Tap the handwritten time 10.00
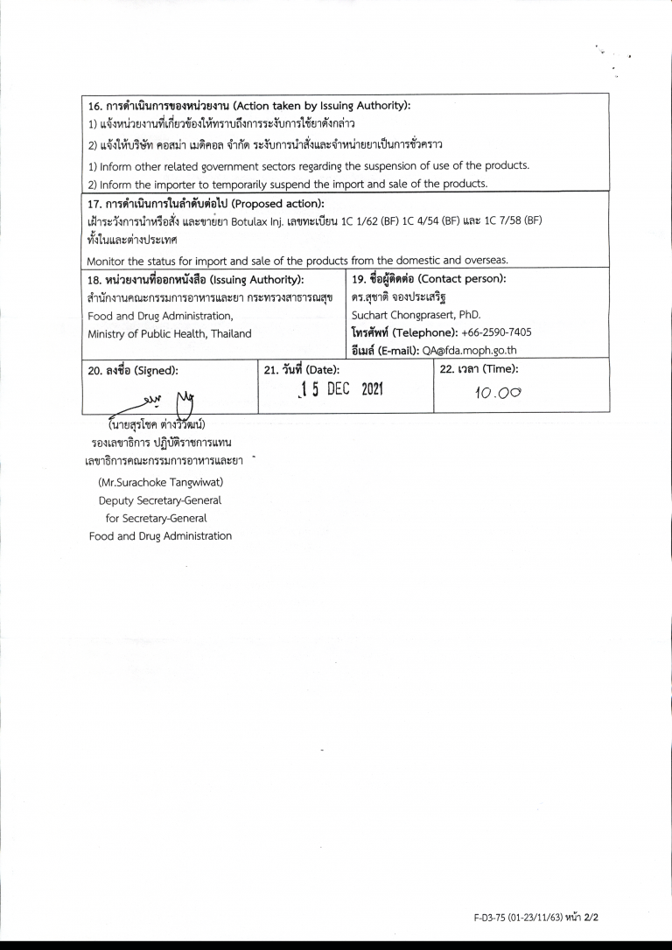click(497, 394)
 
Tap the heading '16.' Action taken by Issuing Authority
click(248, 106)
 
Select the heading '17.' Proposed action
click(205, 204)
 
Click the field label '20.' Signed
click(133, 370)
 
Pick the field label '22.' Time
click(479, 368)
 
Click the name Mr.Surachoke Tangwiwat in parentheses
click(160, 483)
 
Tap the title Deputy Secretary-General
click(160, 500)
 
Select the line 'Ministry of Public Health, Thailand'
click(169, 333)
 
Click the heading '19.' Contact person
click(429, 279)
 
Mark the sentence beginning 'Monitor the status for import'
click(297, 260)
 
